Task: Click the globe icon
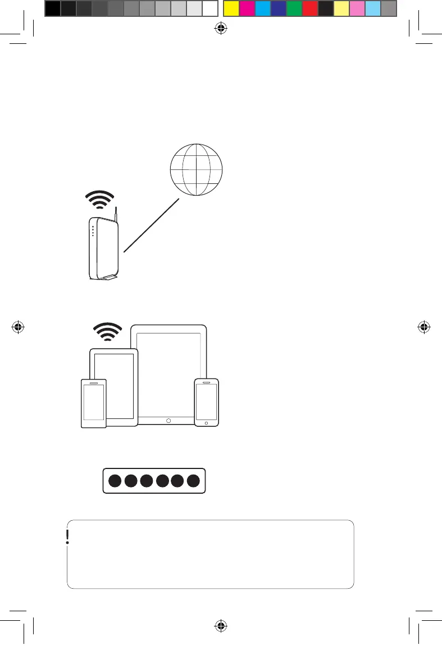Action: pyautogui.click(x=196, y=169)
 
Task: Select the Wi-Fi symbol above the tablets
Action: pyautogui.click(x=107, y=332)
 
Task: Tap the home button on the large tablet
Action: pyautogui.click(x=168, y=420)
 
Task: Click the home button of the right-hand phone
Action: pyautogui.click(x=207, y=422)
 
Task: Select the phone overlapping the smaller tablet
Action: pyautogui.click(x=93, y=403)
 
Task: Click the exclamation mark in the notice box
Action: pyautogui.click(x=67, y=538)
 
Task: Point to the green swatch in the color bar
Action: pyautogui.click(x=294, y=8)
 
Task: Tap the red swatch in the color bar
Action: pyautogui.click(x=310, y=8)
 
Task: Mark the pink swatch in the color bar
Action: pyautogui.click(x=357, y=8)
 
